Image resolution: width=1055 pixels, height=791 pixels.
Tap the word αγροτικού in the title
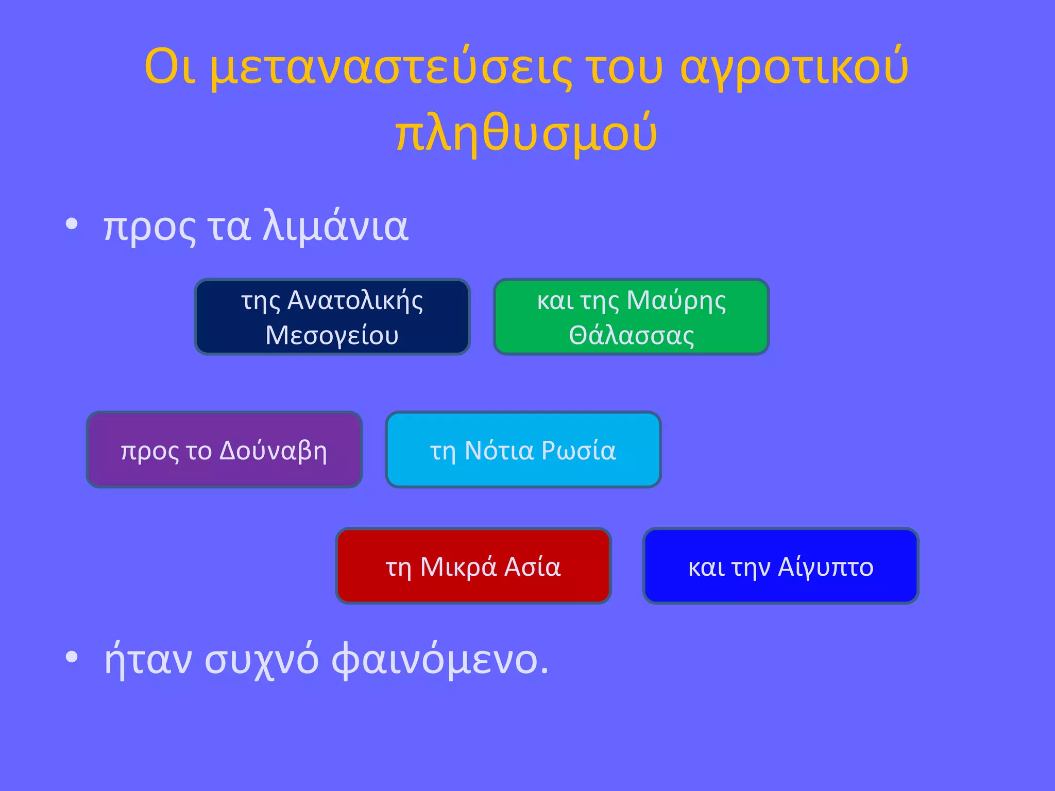coord(794,68)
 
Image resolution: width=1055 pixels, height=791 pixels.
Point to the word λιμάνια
coord(335,227)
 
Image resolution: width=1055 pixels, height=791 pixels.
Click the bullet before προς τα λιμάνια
coord(72,225)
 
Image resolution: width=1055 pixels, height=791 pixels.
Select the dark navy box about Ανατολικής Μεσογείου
coord(332,317)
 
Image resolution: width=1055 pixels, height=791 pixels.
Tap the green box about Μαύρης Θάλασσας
coord(631,317)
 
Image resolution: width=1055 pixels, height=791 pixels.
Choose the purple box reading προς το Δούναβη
coord(224,450)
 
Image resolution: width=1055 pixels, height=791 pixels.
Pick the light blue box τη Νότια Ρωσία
coord(523,450)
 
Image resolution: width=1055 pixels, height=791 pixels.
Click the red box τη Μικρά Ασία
coord(473,566)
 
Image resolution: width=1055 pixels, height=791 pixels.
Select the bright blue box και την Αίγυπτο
coord(780,566)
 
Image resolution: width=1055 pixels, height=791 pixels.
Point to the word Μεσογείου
coord(332,336)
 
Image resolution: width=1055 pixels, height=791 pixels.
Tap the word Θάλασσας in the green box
coord(632,336)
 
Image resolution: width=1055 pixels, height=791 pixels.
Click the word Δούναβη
coord(273,451)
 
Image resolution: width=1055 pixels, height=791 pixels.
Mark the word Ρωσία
coord(578,451)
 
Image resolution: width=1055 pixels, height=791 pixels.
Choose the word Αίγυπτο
coord(826,568)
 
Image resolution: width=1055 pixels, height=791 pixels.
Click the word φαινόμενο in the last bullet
coord(440,660)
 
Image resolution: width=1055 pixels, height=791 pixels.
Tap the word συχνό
coord(262,660)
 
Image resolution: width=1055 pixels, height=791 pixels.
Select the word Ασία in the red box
coord(532,568)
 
